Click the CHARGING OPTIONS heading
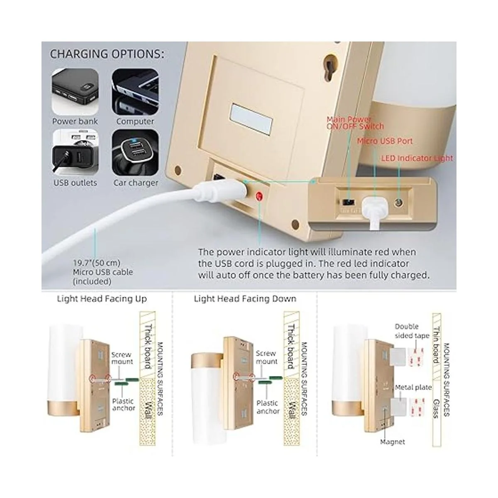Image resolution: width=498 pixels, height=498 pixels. [107, 54]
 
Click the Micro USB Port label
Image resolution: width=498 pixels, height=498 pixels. [385, 141]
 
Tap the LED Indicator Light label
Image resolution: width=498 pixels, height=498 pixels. [417, 158]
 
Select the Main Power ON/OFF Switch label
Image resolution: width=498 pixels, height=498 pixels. [355, 123]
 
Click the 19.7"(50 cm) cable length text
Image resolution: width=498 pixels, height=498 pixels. [97, 263]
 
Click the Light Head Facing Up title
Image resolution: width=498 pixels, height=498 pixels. [102, 299]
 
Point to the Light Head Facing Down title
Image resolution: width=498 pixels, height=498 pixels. [245, 299]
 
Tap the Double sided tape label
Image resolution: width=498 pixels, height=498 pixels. [412, 331]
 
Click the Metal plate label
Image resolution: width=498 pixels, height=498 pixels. [413, 387]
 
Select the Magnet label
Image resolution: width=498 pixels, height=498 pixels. [392, 442]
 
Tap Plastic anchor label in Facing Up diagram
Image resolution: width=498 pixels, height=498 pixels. [123, 405]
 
